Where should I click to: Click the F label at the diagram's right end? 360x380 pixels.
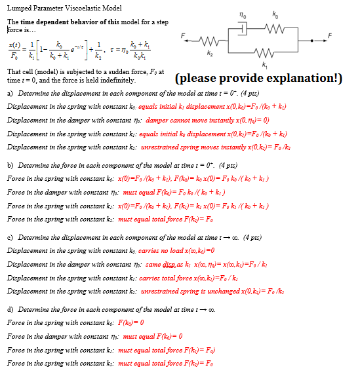(329, 35)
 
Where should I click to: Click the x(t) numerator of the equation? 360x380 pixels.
(14, 43)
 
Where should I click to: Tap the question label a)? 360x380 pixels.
(10, 92)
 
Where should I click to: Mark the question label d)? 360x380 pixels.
(10, 309)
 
